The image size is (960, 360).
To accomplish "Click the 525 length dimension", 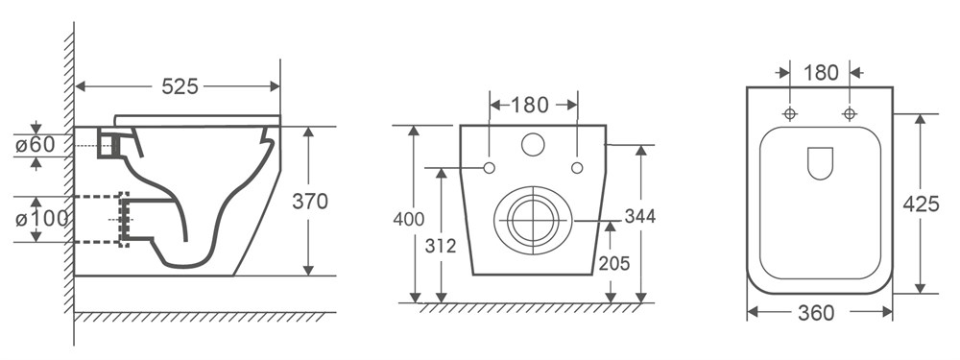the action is [x=180, y=87].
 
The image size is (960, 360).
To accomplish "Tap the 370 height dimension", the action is [x=310, y=202].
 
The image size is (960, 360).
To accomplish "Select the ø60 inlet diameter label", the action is [x=36, y=145].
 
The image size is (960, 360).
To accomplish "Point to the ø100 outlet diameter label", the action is [x=41, y=219].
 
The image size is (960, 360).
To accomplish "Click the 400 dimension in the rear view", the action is [x=408, y=219].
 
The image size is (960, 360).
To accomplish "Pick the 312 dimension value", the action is [x=441, y=246].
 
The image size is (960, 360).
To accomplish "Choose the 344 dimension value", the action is [x=639, y=216].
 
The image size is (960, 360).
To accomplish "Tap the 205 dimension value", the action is [x=614, y=263].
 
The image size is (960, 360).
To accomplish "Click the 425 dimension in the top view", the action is [x=921, y=204].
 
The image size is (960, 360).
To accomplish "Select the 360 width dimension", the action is [x=816, y=314].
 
